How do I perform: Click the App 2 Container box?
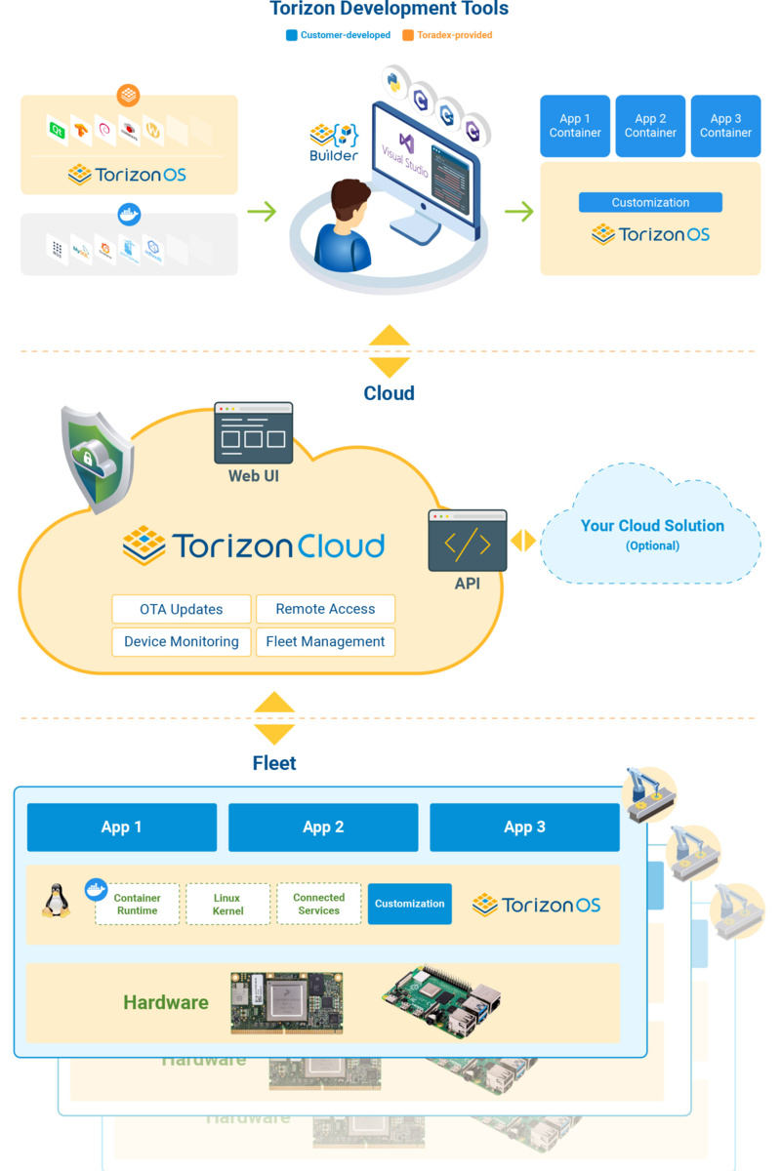650,126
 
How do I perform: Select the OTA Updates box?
181,609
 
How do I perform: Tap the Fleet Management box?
325,641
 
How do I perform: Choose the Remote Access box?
325,609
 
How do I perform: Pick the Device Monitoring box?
181,641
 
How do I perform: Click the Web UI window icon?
253,432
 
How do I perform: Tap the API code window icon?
467,541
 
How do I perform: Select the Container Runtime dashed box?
138,904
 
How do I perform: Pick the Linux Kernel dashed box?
227,904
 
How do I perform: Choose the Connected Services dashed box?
318,904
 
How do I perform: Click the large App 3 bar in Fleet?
524,828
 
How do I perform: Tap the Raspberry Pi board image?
442,1002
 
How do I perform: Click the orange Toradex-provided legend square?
408,35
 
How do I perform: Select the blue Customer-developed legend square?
291,35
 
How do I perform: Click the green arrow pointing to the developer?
261,210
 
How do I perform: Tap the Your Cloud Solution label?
652,526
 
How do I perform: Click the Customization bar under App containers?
650,203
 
